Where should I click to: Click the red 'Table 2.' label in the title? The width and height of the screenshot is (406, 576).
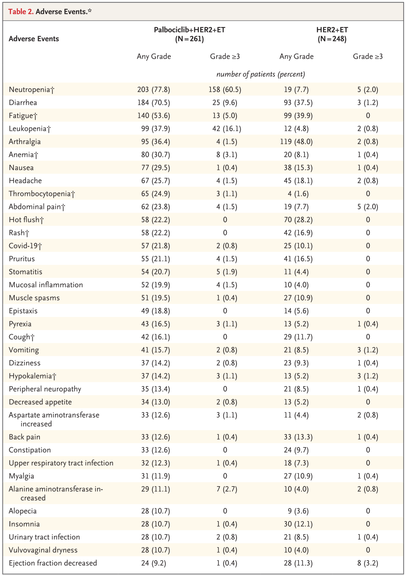point(21,12)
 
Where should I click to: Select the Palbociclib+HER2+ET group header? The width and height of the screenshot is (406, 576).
point(189,30)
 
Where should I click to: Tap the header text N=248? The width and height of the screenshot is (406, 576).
point(332,39)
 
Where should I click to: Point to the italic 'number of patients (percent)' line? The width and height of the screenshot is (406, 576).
point(261,74)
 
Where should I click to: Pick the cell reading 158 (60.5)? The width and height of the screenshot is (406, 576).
point(225,89)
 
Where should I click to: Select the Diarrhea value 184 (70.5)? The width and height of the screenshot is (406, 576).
point(153,103)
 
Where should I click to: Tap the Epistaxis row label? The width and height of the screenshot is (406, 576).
point(23,311)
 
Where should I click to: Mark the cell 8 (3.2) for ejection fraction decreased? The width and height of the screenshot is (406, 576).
point(368,563)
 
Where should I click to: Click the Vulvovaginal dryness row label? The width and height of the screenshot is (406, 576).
point(43,550)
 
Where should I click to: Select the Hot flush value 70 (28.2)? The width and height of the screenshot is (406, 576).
point(298,220)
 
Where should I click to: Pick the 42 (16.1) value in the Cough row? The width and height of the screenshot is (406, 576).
point(155,337)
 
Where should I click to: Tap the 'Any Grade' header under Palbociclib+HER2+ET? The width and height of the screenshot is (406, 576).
point(154,56)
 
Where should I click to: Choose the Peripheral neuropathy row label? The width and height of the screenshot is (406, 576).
point(45,389)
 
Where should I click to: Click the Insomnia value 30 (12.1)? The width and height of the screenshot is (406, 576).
point(298,524)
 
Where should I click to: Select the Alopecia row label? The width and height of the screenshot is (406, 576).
point(23,511)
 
